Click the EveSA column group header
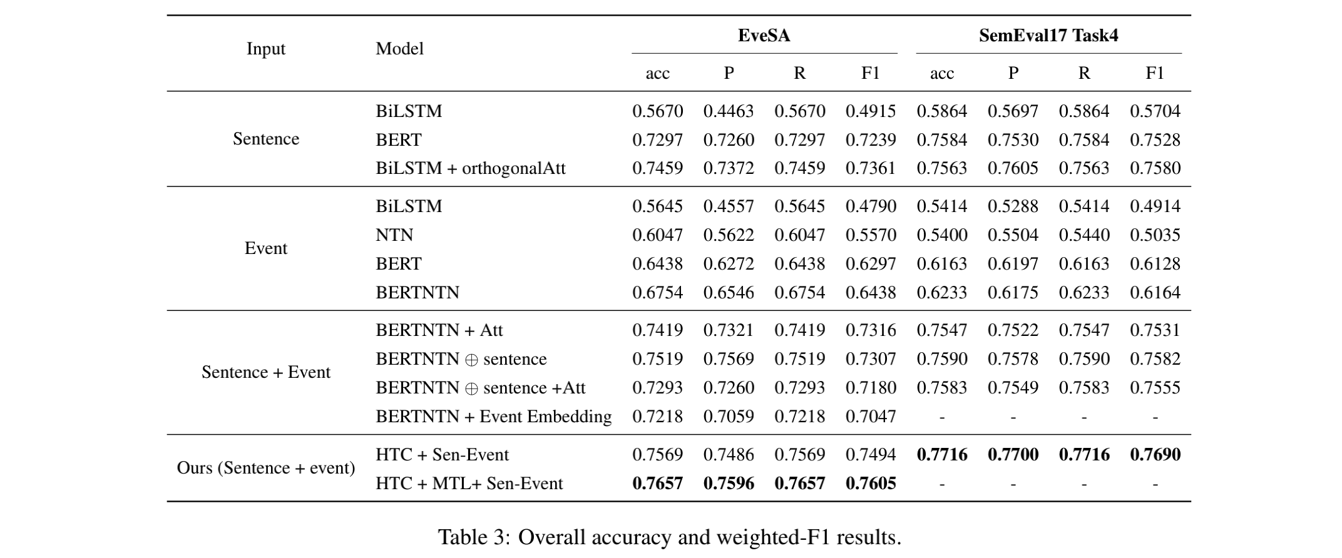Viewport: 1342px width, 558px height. (764, 36)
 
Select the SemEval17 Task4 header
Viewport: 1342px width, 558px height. (1048, 36)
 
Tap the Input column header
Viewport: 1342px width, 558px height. (265, 49)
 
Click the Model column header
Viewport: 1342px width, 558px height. (399, 49)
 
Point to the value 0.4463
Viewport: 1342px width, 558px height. (729, 111)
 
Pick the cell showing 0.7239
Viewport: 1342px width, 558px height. (871, 140)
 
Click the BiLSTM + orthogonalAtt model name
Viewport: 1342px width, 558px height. (470, 168)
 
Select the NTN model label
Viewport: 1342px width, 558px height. (394, 235)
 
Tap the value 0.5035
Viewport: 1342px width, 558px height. (1155, 235)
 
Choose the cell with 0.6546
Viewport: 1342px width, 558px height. (729, 293)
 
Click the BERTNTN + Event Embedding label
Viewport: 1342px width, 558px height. (493, 417)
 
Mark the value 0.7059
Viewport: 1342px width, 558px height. (729, 417)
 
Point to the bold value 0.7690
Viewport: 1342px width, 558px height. (1155, 455)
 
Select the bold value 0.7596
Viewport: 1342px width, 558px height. (729, 484)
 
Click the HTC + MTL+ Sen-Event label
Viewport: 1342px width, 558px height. (469, 484)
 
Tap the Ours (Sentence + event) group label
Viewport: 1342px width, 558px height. (265, 468)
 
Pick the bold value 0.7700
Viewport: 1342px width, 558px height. (1013, 455)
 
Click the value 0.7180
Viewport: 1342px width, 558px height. (871, 388)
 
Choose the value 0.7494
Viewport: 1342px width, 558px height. (871, 455)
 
